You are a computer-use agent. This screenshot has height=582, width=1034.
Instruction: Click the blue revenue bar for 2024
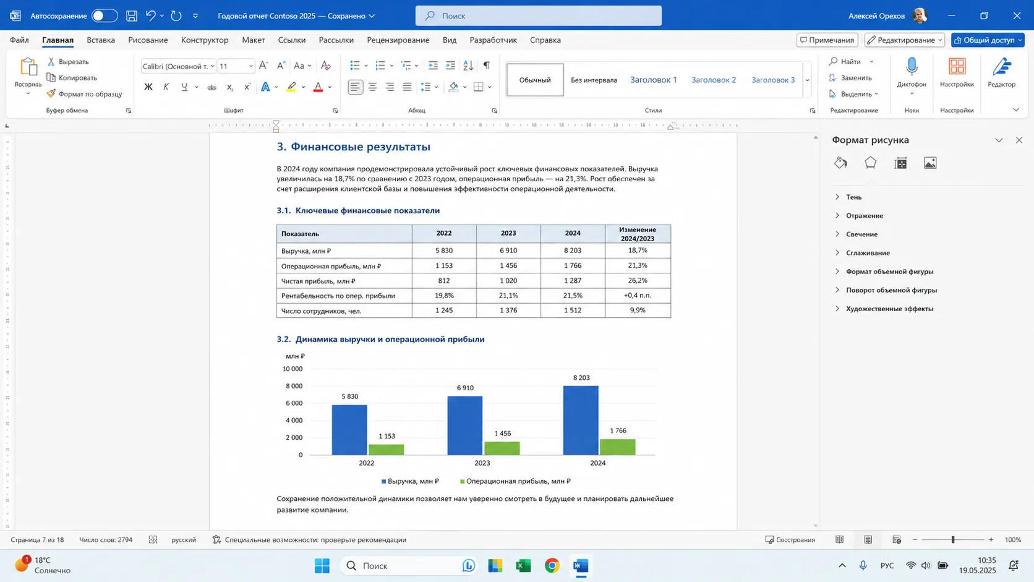pyautogui.click(x=581, y=421)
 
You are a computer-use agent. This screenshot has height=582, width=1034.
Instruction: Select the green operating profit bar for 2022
pyautogui.click(x=387, y=450)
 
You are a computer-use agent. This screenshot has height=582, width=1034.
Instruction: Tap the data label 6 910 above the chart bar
pyautogui.click(x=465, y=388)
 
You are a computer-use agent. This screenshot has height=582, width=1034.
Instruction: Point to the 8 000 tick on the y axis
pyautogui.click(x=294, y=386)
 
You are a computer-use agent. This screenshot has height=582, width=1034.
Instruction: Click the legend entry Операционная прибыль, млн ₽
pyautogui.click(x=515, y=481)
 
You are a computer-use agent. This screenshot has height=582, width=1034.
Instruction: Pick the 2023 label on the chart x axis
pyautogui.click(x=482, y=463)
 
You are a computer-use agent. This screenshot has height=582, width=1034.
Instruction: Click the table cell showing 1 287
pyautogui.click(x=573, y=281)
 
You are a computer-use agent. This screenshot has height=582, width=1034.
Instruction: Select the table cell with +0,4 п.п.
pyautogui.click(x=638, y=296)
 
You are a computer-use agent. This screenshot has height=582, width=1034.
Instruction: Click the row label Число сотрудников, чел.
pyautogui.click(x=322, y=310)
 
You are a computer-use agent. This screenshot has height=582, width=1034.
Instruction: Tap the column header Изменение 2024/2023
pyautogui.click(x=638, y=234)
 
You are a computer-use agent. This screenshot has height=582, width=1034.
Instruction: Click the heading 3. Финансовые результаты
pyautogui.click(x=354, y=147)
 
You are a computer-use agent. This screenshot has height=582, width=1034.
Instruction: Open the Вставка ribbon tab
pyautogui.click(x=101, y=40)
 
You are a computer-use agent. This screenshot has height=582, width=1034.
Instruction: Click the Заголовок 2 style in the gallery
pyautogui.click(x=714, y=80)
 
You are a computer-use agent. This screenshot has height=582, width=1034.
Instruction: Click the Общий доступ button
pyautogui.click(x=988, y=40)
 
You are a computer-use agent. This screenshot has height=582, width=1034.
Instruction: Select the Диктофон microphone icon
pyautogui.click(x=912, y=66)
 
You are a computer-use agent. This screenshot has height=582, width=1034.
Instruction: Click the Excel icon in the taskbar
pyautogui.click(x=523, y=566)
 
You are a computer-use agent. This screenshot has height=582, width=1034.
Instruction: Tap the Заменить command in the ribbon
pyautogui.click(x=850, y=77)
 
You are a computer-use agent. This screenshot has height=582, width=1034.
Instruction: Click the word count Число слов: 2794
pyautogui.click(x=106, y=539)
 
